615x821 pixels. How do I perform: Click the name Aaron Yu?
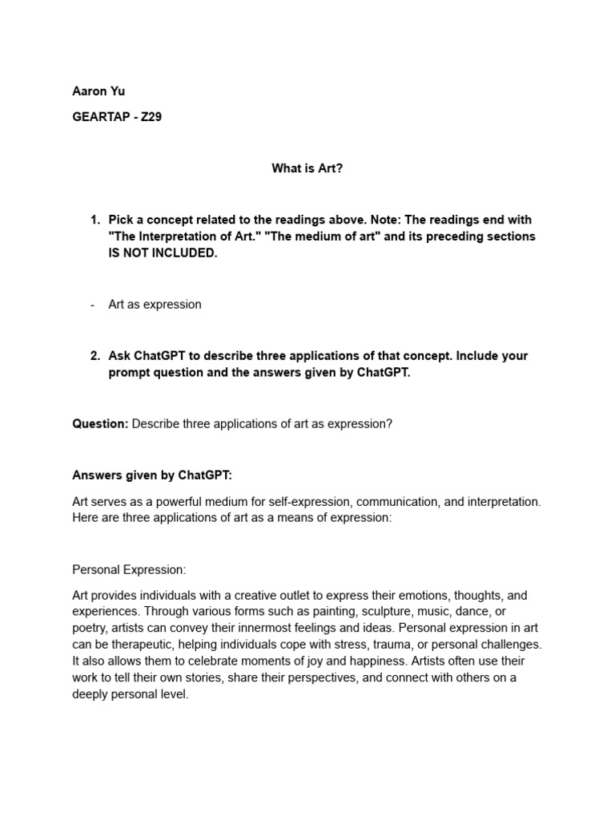[98, 91]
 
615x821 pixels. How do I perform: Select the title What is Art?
[307, 169]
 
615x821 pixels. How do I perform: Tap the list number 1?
[94, 220]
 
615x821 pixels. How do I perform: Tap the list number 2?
[94, 355]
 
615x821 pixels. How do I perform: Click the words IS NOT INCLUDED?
[163, 253]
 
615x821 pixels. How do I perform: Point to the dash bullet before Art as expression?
[93, 305]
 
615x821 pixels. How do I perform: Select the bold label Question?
[100, 424]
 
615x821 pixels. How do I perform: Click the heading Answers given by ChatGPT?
[152, 475]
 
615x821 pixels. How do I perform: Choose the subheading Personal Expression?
[129, 569]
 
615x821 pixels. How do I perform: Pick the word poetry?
[90, 628]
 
